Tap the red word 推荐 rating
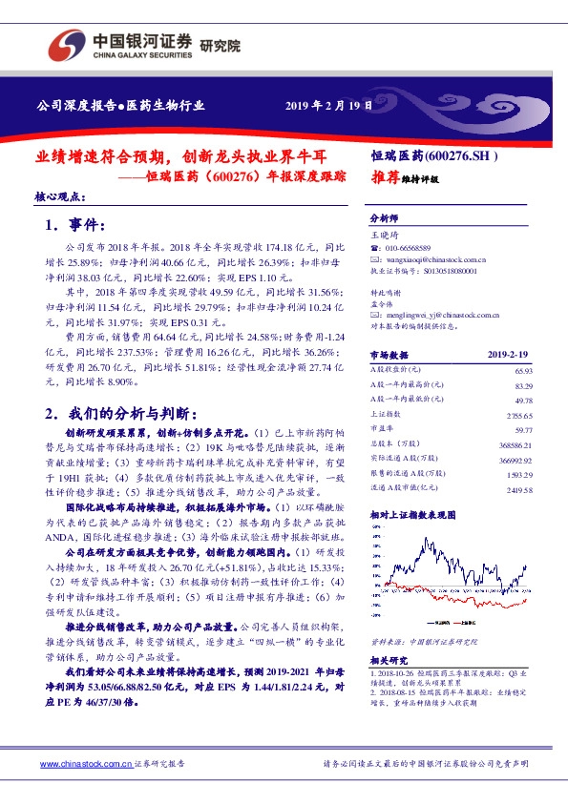click(385, 177)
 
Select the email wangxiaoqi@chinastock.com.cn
click(432, 258)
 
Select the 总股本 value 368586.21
click(514, 445)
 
